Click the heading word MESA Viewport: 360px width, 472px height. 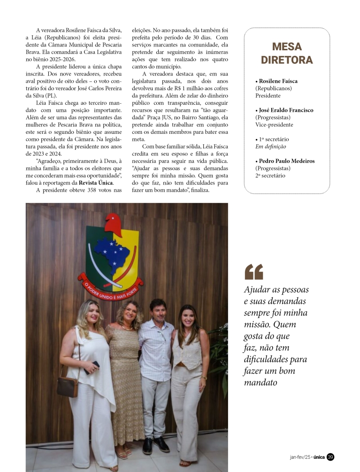pos(287,46)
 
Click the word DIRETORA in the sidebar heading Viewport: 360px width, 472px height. pos(287,60)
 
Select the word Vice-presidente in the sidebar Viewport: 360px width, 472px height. pos(274,125)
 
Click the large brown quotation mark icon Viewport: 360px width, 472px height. pos(253,271)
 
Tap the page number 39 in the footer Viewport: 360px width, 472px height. pos(330,457)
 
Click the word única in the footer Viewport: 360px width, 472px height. pos(319,457)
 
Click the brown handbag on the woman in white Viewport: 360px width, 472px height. pos(68,386)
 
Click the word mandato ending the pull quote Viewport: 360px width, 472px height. pos(260,382)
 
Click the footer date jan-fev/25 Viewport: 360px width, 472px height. pos(300,457)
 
